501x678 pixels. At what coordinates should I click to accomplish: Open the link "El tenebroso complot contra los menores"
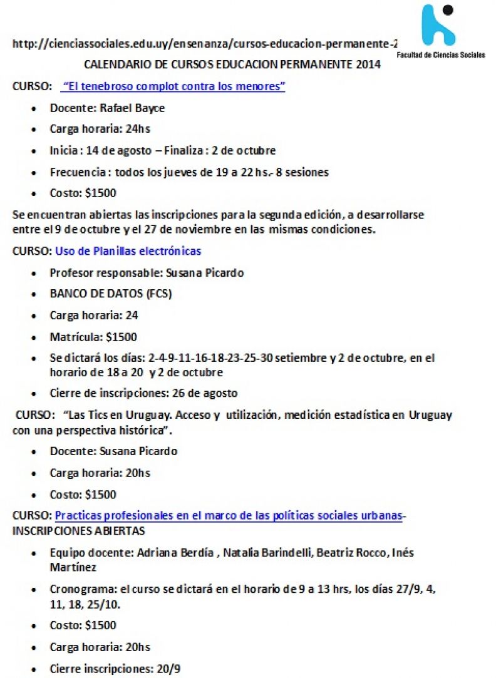coord(173,86)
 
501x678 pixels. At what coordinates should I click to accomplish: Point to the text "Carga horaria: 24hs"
coord(100,129)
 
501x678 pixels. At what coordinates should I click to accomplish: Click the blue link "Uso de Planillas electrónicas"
coord(128,251)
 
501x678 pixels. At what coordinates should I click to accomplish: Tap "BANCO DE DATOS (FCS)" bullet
coord(111,294)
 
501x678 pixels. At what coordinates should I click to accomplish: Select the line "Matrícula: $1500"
coord(93,337)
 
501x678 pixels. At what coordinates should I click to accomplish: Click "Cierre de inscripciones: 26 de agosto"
coord(143,393)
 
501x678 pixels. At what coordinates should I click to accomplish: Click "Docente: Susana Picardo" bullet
coord(113,451)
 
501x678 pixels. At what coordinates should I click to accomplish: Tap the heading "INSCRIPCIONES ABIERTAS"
coord(79,531)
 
